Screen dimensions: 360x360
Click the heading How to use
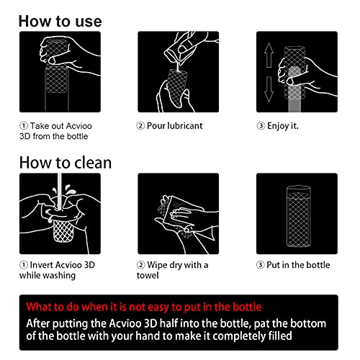pyautogui.click(x=60, y=21)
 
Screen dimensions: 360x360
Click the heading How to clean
pyautogui.click(x=66, y=163)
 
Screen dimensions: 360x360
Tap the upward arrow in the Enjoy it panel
pyautogui.click(x=269, y=55)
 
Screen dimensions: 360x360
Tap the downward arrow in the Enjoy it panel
pyautogui.click(x=269, y=89)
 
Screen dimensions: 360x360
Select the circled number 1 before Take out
pyautogui.click(x=24, y=126)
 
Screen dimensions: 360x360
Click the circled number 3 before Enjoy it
pyautogui.click(x=261, y=125)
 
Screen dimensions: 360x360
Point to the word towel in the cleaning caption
pyautogui.click(x=148, y=275)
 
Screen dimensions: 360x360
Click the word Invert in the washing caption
pyautogui.click(x=41, y=265)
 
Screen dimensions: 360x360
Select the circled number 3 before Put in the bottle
pyautogui.click(x=261, y=265)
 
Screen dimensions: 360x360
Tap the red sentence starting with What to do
pyautogui.click(x=144, y=307)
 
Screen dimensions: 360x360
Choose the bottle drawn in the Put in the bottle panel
pyautogui.click(x=298, y=216)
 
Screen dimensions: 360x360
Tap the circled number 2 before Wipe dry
pyautogui.click(x=141, y=265)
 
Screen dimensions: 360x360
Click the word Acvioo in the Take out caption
pyautogui.click(x=78, y=126)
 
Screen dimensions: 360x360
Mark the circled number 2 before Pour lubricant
pyautogui.click(x=140, y=125)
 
